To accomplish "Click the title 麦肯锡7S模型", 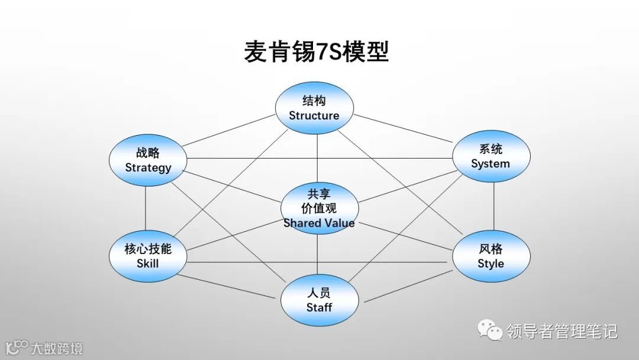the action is (x=317, y=52).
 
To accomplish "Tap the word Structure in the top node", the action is (x=314, y=115).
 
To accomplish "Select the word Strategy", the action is (x=148, y=168).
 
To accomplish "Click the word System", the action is (x=490, y=163).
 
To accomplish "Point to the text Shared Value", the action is (x=319, y=223).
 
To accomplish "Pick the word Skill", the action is (x=147, y=263).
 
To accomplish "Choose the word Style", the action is (x=491, y=263).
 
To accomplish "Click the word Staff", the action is (x=319, y=307).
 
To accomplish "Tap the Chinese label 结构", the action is (x=314, y=101).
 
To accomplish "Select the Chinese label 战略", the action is (x=148, y=153).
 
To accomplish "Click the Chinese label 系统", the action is (x=490, y=149).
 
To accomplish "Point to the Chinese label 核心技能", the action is (x=147, y=249).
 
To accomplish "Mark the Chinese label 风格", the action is (x=491, y=249).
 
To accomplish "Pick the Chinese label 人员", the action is (x=319, y=293).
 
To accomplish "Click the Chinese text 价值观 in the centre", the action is (x=319, y=208).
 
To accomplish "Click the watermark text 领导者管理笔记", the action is (x=561, y=330).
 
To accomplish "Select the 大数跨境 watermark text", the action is (x=57, y=348).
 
